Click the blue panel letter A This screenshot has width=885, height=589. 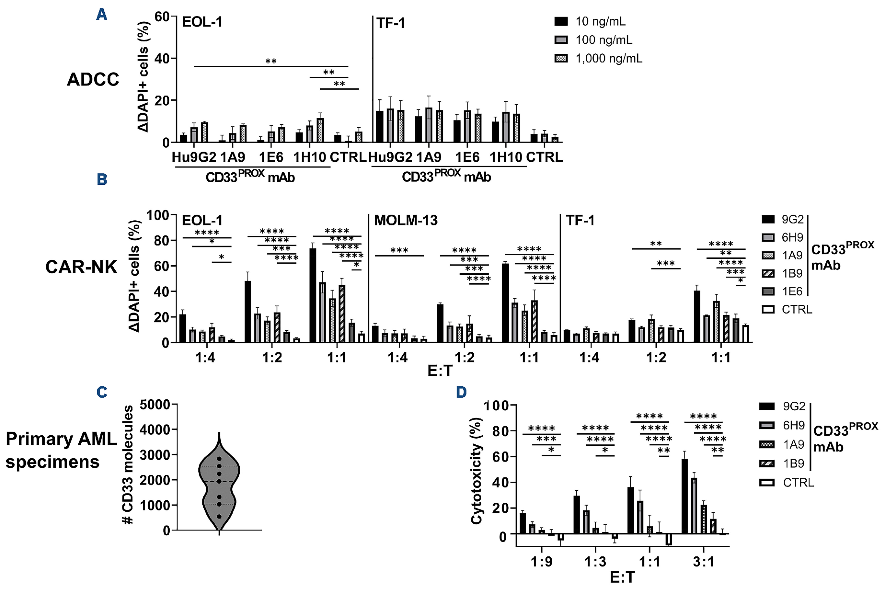coord(101,15)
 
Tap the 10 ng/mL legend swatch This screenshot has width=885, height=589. coord(561,21)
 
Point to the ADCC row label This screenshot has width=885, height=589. coord(93,79)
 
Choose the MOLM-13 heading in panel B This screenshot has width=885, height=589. coord(406,220)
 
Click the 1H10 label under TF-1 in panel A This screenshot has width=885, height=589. coord(506,157)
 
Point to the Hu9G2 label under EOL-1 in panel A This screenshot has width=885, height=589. coord(194,157)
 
